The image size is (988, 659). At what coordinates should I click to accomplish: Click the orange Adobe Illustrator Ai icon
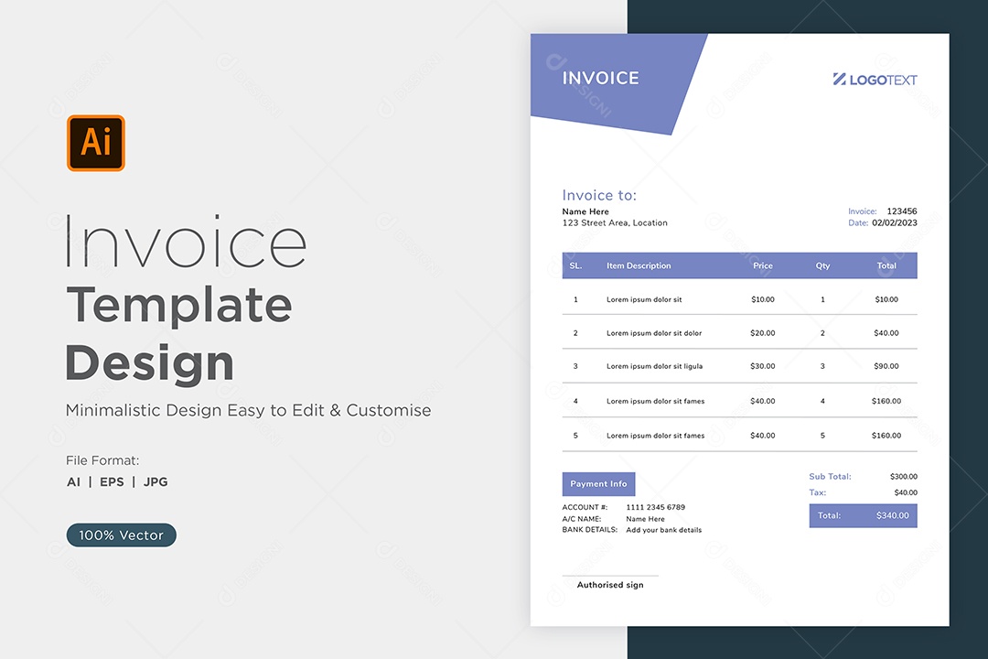(x=96, y=143)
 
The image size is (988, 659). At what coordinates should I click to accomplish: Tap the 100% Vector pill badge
(x=121, y=535)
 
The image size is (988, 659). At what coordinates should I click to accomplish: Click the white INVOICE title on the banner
(x=600, y=78)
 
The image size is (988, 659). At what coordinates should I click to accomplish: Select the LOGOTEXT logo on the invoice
(x=875, y=80)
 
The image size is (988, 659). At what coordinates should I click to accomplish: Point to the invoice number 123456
(x=902, y=211)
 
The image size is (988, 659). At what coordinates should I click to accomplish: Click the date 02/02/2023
(x=895, y=222)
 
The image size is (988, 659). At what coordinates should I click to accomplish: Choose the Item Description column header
(x=639, y=265)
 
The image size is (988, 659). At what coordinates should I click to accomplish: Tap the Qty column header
(x=822, y=265)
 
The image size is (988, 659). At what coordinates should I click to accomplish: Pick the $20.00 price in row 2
(x=762, y=333)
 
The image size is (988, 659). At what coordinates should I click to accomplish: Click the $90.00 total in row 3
(x=886, y=366)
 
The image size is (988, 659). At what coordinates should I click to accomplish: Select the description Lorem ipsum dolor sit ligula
(x=654, y=366)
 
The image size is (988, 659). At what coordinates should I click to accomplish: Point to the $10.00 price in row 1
(x=762, y=299)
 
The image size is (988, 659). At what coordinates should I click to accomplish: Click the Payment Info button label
(x=598, y=483)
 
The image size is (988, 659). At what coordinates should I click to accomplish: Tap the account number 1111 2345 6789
(x=655, y=507)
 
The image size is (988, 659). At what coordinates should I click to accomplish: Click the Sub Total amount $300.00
(x=904, y=477)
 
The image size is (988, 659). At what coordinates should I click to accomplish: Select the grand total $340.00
(x=892, y=515)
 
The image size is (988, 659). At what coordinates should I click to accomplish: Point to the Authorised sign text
(x=610, y=585)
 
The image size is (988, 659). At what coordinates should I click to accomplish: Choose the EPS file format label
(x=112, y=481)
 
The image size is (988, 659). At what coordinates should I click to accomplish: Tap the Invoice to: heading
(x=599, y=196)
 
